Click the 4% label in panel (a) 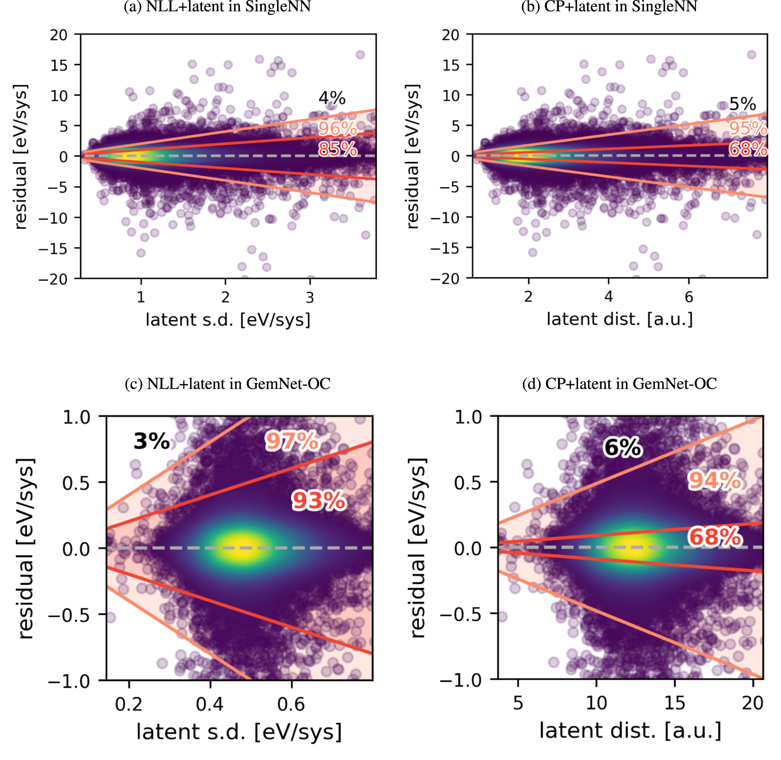pos(332,98)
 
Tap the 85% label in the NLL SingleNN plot pos(337,149)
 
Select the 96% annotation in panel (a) pos(337,129)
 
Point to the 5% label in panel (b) pos(743,104)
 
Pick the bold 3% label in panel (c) pos(151,441)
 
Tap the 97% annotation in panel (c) pos(292,441)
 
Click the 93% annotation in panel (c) pos(319,501)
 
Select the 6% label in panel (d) pos(622,448)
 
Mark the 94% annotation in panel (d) pos(714,480)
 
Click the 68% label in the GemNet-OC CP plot pos(715,537)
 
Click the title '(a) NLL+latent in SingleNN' pos(217,7)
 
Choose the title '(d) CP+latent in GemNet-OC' pos(620,384)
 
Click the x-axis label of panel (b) pos(620,319)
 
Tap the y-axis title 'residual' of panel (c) pos(26,548)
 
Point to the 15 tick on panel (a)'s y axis pos(59,65)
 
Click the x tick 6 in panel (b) pos(688,297)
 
